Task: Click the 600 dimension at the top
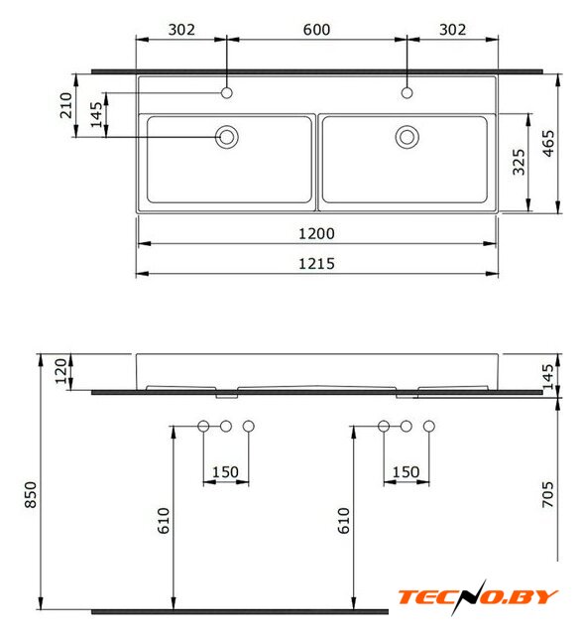click(316, 30)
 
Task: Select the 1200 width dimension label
click(316, 234)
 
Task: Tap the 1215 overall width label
click(316, 264)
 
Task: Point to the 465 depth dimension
click(548, 143)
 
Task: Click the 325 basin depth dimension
click(519, 162)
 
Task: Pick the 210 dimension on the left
click(66, 105)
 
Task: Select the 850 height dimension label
click(31, 494)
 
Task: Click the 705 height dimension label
click(547, 494)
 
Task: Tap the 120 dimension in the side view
click(60, 371)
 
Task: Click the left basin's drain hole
click(227, 137)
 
